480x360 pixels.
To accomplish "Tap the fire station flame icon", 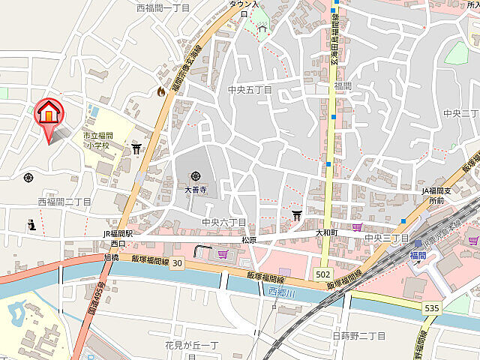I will [x=160, y=91].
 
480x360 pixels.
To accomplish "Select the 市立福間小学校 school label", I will [x=97, y=140].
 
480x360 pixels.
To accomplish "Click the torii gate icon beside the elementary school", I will [x=136, y=148].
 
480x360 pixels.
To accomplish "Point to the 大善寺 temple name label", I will [x=195, y=190].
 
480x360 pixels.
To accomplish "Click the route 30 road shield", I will [x=176, y=263].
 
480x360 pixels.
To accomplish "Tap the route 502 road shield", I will [x=323, y=274].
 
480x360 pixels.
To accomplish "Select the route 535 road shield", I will [x=431, y=307].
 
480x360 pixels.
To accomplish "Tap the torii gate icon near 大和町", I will [x=296, y=216].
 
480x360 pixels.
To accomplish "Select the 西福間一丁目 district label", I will [x=163, y=7].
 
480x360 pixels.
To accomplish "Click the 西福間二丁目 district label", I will [x=64, y=202].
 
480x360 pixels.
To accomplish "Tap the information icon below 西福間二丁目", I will [x=31, y=224].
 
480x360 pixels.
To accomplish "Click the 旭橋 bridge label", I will [x=111, y=257].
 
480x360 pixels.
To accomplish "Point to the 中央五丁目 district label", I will [x=250, y=90].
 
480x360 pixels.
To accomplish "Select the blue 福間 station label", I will [x=418, y=256].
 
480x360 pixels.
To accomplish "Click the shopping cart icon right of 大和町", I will [x=356, y=226].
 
